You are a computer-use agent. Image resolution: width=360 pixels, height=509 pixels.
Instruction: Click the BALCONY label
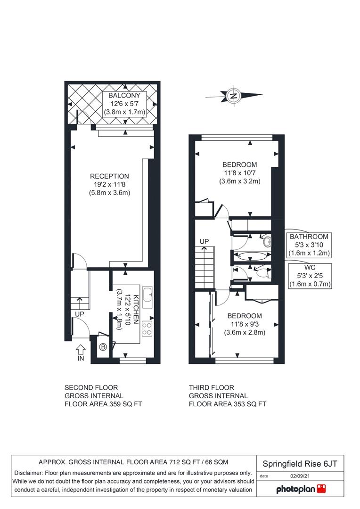point(124,95)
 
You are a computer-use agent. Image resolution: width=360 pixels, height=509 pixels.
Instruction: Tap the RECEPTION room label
point(109,176)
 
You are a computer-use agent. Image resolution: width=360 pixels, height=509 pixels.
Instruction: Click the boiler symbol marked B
point(103,347)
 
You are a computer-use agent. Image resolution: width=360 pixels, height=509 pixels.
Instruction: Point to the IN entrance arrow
point(81,350)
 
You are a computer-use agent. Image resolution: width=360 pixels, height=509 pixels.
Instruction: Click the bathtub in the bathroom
point(252,256)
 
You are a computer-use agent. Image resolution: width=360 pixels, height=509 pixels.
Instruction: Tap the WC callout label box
point(310,276)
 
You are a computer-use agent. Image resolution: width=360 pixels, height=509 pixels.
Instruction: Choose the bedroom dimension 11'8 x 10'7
point(239,173)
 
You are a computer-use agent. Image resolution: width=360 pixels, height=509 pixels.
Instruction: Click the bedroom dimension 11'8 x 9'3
point(245,324)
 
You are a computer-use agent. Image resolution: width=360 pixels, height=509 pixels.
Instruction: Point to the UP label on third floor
point(204,241)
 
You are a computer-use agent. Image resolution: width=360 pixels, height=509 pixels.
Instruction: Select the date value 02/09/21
point(300,476)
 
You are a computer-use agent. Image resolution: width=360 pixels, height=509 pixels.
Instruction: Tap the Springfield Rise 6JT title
point(300,464)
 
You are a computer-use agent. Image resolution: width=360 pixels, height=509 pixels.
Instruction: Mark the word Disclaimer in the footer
point(29,473)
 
